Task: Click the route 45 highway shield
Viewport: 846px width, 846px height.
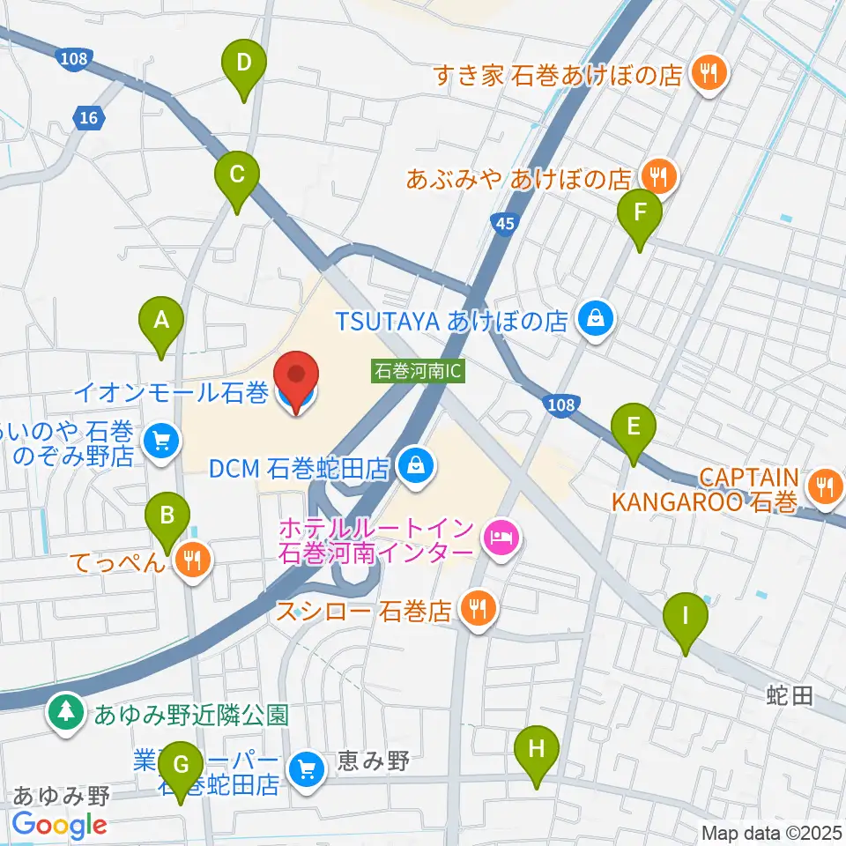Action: click(502, 225)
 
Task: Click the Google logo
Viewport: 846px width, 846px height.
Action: click(59, 825)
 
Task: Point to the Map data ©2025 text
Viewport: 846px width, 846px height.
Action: click(771, 832)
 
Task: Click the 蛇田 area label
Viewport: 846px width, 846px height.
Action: click(789, 696)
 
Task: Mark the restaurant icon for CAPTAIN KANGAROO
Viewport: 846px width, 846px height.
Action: click(825, 486)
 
